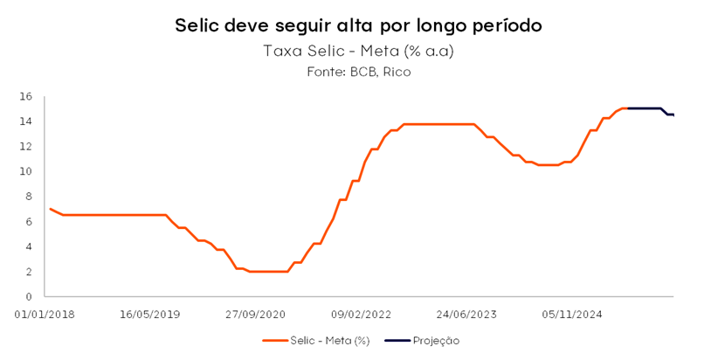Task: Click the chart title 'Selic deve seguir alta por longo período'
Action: (x=358, y=25)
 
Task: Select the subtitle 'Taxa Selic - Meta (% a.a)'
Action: (x=358, y=51)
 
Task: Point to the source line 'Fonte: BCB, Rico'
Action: (x=358, y=72)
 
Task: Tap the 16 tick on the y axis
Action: (x=26, y=96)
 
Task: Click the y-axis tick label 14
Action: (x=26, y=121)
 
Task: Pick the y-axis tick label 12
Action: (x=26, y=146)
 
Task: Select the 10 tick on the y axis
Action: (x=26, y=171)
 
